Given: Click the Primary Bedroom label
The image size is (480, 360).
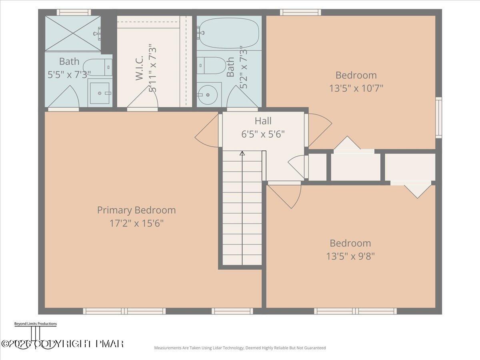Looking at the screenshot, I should [136, 210].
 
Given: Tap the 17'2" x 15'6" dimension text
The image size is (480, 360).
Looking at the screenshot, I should [136, 223].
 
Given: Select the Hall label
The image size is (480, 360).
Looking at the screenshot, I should [263, 121].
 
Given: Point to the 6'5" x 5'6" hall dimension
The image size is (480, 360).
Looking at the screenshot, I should [263, 134].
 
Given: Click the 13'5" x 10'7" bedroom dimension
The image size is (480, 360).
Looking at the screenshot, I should [356, 88].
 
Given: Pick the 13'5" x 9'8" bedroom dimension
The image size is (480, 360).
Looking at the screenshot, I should [350, 256].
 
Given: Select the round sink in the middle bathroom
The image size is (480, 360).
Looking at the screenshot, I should [210, 95].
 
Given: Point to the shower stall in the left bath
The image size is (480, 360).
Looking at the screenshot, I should [72, 33].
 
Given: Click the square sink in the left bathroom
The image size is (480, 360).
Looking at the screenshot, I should [100, 93].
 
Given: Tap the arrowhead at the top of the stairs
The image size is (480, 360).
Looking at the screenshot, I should [242, 153].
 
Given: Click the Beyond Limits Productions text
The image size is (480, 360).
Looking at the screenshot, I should [35, 324].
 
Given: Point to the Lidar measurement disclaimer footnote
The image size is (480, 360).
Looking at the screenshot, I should [240, 348].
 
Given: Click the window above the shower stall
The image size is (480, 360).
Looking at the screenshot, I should [74, 12].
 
